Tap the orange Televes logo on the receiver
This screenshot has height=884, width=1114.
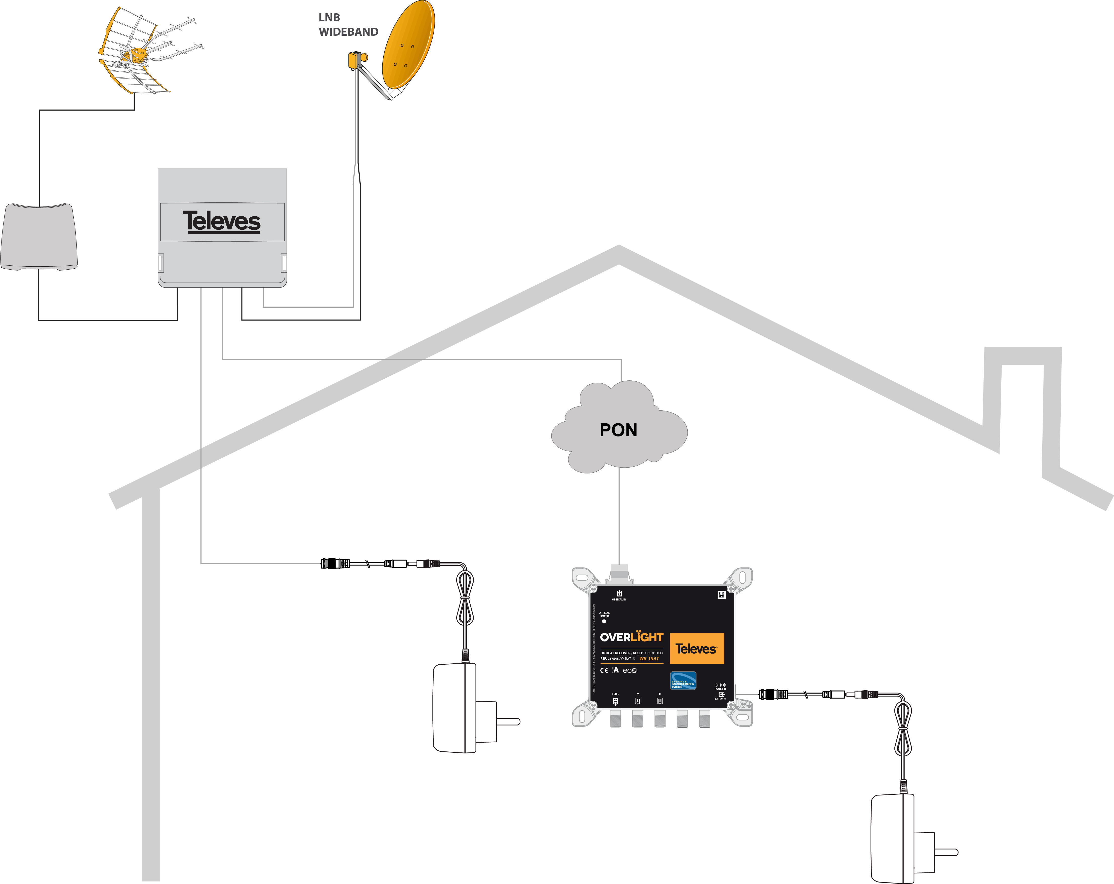click(x=696, y=648)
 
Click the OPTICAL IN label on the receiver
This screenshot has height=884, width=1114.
click(x=619, y=599)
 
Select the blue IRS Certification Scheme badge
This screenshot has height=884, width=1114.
click(x=683, y=680)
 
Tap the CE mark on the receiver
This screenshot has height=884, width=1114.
click(x=604, y=671)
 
